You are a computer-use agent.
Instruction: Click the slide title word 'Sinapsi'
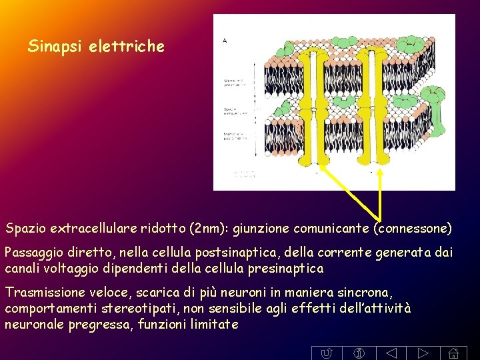[53, 47]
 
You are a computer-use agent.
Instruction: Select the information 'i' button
[358, 353]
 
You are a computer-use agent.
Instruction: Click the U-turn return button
[326, 353]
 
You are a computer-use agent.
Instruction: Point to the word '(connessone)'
[413, 229]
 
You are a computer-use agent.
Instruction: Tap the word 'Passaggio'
[33, 253]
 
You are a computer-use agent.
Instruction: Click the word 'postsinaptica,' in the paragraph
[250, 253]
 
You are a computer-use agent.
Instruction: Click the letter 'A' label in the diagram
[225, 40]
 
